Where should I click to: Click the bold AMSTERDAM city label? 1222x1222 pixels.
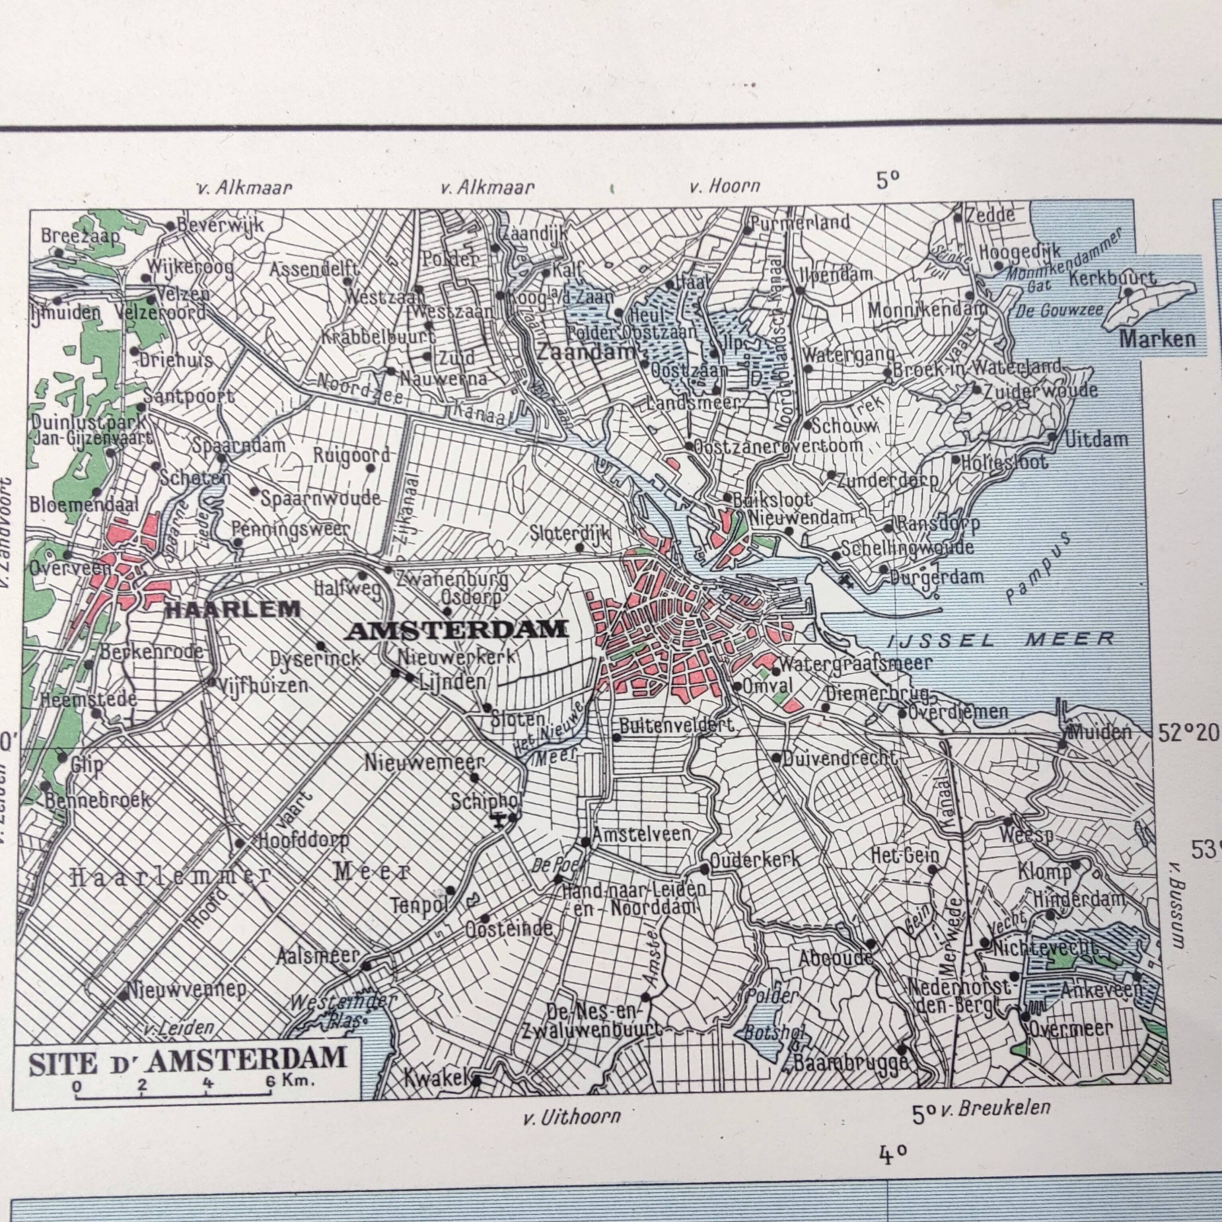458,630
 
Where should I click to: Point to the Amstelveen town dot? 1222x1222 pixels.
586,842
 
